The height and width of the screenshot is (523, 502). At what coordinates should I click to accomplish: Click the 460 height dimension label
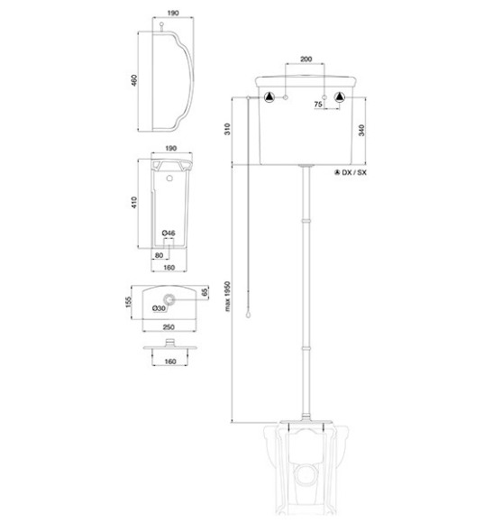point(133,80)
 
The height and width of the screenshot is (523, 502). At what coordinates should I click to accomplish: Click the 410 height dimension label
point(133,203)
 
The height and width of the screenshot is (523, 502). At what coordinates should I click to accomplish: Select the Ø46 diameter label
point(169,234)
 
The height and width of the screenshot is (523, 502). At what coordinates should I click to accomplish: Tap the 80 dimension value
point(159,255)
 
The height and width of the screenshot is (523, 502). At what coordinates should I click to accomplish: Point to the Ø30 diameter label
point(159,308)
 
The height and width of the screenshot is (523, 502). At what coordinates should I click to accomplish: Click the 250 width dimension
point(169,327)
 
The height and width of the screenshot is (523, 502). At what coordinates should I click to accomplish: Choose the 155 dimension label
point(129,302)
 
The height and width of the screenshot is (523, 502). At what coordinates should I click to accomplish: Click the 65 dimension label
point(205,292)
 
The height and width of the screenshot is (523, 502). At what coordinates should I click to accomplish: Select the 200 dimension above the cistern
point(306,59)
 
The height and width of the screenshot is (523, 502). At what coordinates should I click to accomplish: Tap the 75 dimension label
point(318,104)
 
